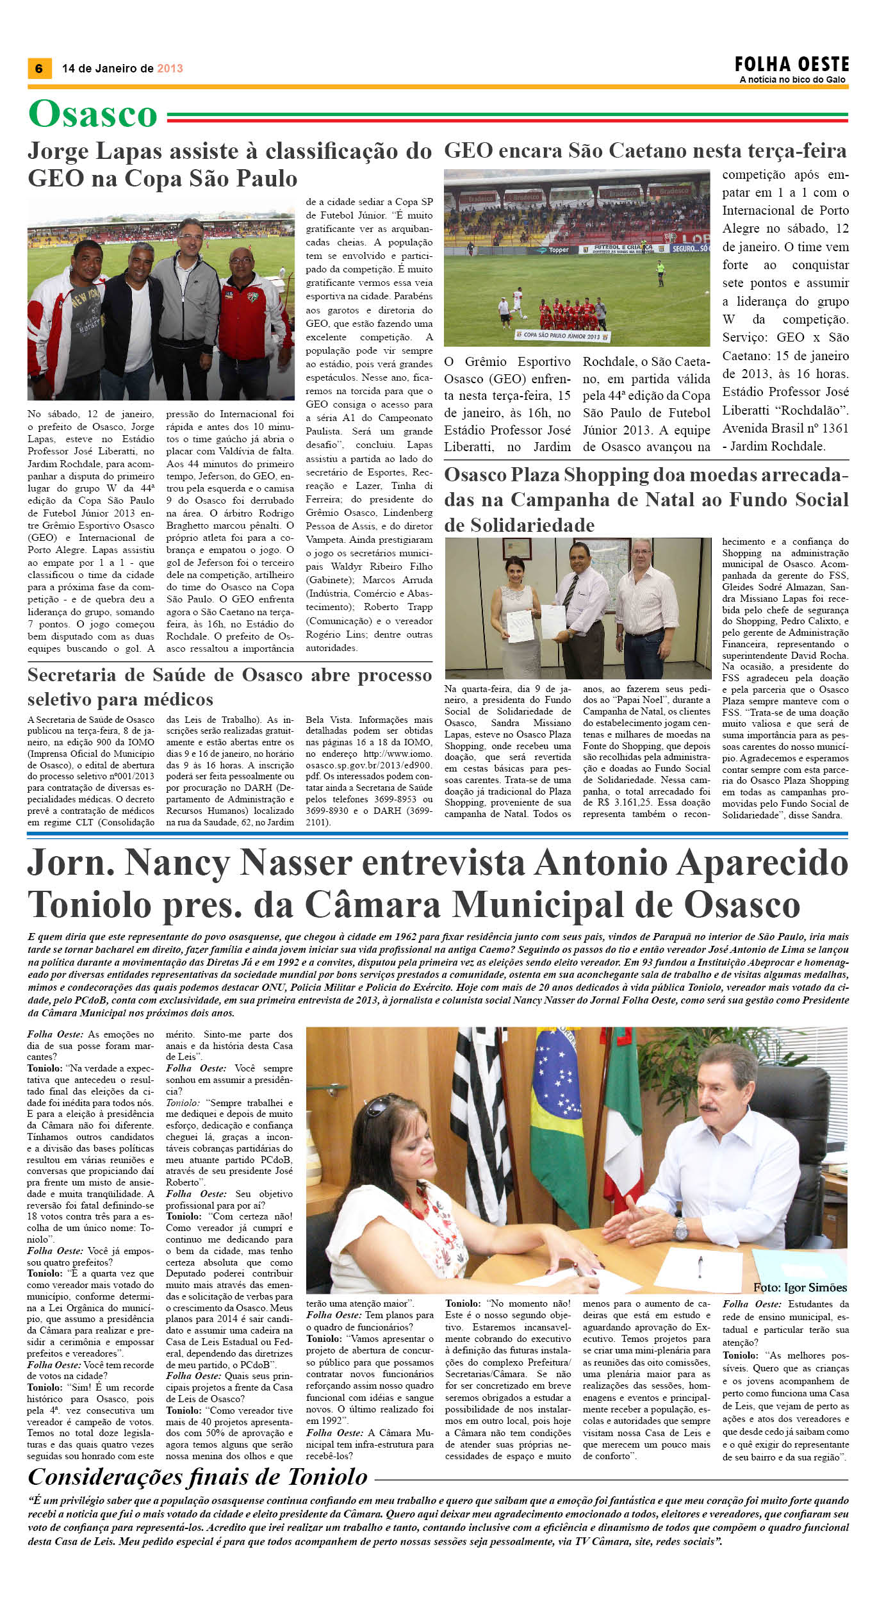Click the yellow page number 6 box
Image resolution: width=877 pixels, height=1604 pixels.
coord(39,69)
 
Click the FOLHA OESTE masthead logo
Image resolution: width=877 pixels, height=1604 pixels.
coord(792,65)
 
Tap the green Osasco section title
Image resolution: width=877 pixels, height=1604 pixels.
coord(93,115)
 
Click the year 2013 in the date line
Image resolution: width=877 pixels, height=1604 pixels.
coord(170,69)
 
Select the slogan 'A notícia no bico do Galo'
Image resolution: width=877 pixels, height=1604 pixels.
coord(792,79)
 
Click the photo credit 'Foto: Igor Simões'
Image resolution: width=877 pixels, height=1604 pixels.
coord(800,1426)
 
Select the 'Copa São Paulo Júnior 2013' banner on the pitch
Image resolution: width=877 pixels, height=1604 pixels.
coord(562,336)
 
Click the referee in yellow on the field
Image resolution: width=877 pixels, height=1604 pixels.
coord(660,274)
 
